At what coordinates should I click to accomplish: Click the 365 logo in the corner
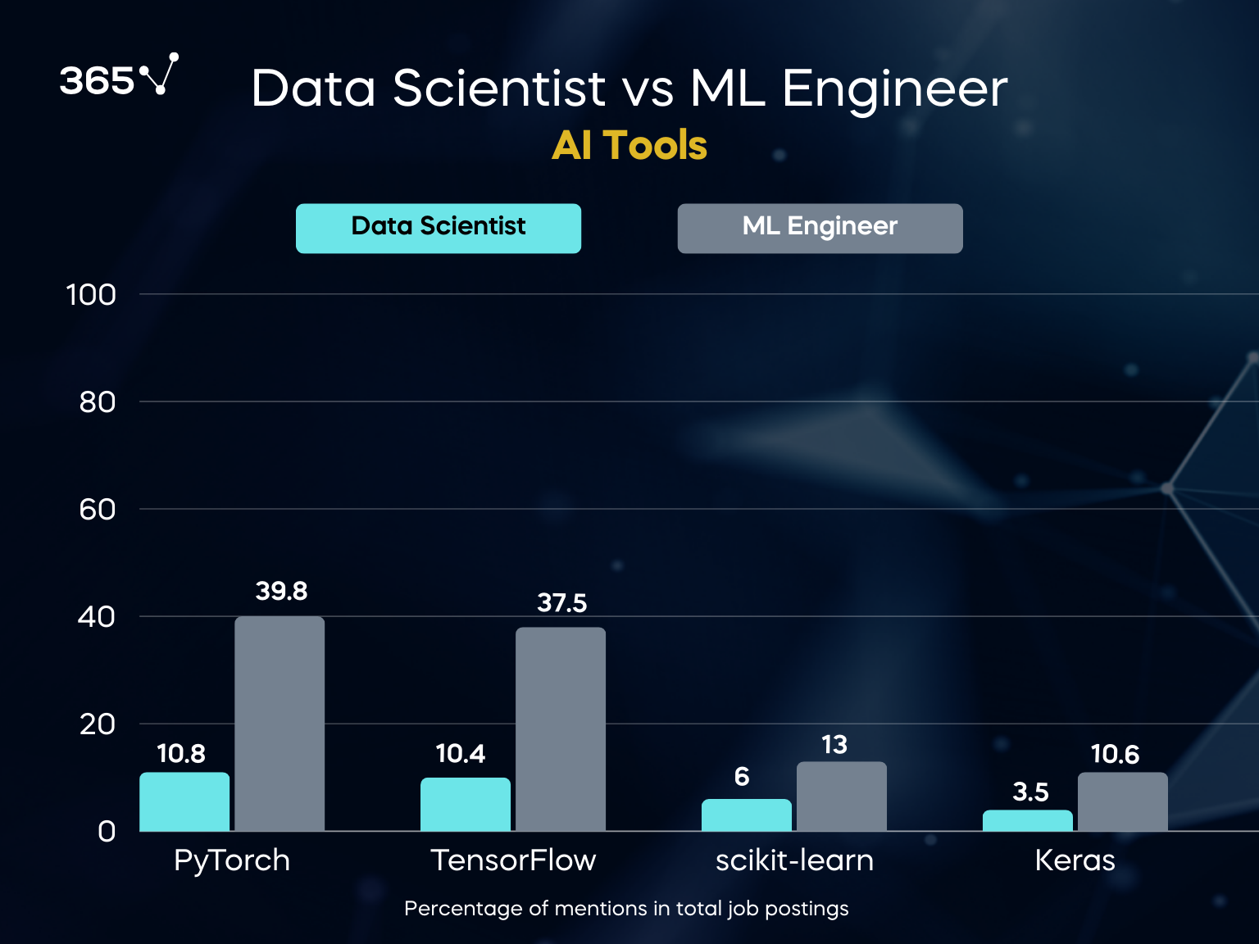click(x=118, y=77)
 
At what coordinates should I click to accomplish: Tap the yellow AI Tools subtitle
click(x=629, y=146)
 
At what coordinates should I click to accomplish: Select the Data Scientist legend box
click(x=439, y=228)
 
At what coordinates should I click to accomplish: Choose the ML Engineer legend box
click(x=820, y=228)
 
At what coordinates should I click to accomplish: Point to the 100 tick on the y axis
click(x=91, y=295)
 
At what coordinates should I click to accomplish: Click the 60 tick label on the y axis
click(x=97, y=510)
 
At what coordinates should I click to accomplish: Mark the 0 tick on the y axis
click(x=107, y=832)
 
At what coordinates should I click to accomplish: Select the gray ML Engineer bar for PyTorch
click(x=280, y=724)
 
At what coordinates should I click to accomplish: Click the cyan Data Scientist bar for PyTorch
click(x=184, y=801)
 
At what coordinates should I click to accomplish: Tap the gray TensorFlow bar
click(x=561, y=729)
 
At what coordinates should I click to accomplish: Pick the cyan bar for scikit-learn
click(x=747, y=815)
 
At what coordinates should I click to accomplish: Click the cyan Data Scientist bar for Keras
click(x=1028, y=820)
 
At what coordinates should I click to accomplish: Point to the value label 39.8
click(x=281, y=591)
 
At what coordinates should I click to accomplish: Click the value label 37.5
click(x=562, y=603)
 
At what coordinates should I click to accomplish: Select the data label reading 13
click(x=834, y=745)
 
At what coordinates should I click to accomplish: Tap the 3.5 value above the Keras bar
click(x=1030, y=792)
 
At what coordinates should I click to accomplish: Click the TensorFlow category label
click(x=513, y=860)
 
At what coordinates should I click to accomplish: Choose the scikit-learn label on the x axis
click(x=794, y=860)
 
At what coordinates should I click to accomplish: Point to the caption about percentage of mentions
click(x=626, y=909)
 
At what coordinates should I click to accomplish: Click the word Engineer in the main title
click(x=895, y=88)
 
